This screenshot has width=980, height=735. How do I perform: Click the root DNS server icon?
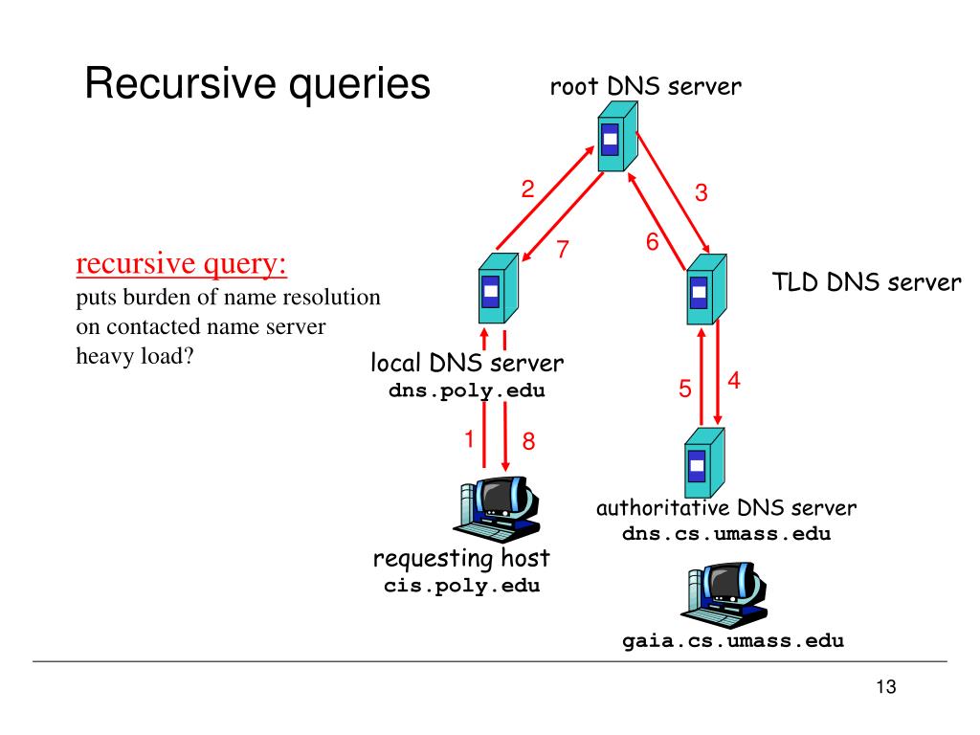click(617, 136)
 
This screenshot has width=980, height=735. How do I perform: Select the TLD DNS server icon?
click(706, 289)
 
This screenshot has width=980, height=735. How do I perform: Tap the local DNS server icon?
click(498, 287)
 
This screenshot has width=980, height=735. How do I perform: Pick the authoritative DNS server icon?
click(704, 462)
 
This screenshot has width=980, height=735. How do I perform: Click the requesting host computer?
click(497, 509)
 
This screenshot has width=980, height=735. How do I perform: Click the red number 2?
click(528, 189)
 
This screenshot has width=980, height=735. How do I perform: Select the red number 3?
click(702, 192)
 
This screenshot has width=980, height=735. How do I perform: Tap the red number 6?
click(653, 242)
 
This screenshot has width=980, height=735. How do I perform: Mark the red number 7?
click(563, 249)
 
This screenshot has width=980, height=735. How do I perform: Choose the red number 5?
click(685, 389)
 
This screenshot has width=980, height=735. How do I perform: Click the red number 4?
click(734, 380)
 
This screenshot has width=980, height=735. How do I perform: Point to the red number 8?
click(528, 441)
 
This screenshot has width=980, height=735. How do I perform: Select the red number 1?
click(469, 438)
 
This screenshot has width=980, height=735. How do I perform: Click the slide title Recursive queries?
click(257, 84)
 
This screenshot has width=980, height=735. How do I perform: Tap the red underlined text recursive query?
click(181, 263)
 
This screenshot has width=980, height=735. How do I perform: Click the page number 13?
click(885, 687)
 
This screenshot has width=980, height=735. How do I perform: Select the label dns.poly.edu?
click(467, 390)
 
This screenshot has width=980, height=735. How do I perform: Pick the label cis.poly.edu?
click(462, 586)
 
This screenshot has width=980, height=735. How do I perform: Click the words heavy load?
click(135, 356)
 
